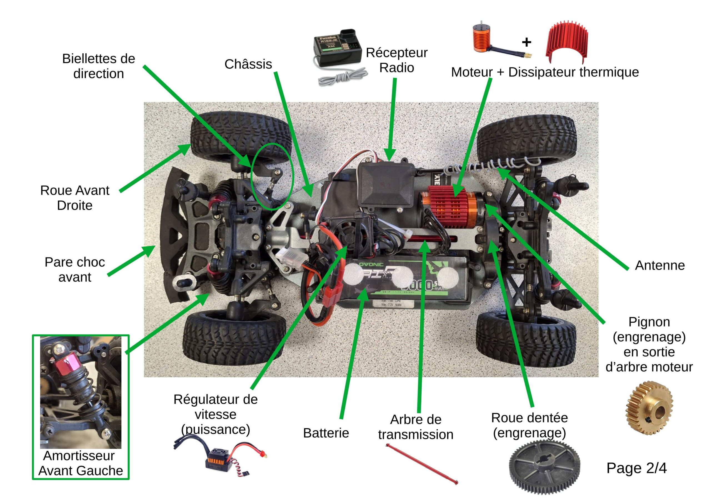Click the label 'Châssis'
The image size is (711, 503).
[x=248, y=64]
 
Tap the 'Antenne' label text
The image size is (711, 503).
[x=660, y=266]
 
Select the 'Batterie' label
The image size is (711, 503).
[x=326, y=433]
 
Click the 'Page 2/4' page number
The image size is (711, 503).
[x=636, y=468]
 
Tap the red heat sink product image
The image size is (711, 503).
[x=567, y=43]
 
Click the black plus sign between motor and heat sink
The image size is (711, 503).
[x=526, y=42]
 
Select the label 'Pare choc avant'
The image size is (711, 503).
[x=75, y=270]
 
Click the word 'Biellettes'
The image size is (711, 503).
[x=99, y=59]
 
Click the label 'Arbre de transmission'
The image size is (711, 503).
[x=415, y=427]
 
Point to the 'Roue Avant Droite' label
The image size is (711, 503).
[x=75, y=198]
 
